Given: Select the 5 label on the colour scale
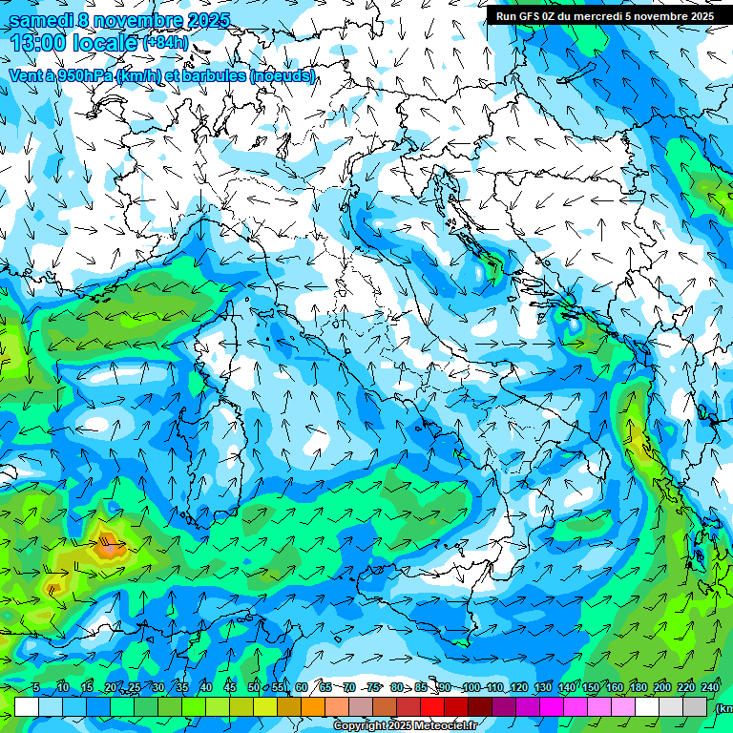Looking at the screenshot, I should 36,688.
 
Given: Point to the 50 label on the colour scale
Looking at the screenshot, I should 253,688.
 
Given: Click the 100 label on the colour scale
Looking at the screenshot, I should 471,688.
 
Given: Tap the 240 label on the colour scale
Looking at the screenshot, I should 709,688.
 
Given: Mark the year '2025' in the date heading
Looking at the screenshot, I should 201,20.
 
